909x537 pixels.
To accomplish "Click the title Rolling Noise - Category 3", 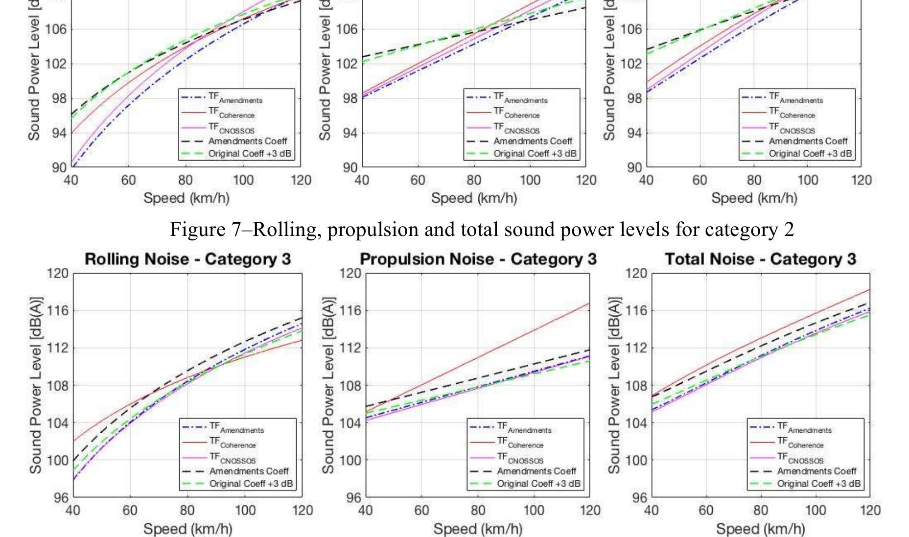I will click(187, 259).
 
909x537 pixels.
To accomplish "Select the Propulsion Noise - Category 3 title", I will click(478, 259).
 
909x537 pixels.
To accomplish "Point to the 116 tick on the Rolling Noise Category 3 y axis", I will click(58, 310).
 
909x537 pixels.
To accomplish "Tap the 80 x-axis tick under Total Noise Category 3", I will click(760, 511).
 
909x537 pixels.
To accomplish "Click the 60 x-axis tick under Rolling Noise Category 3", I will click(130, 511).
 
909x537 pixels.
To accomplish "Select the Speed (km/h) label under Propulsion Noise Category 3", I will click(478, 529).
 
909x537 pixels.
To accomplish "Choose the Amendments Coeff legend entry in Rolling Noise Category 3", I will click(249, 471).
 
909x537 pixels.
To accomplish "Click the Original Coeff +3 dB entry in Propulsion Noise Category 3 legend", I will click(538, 484).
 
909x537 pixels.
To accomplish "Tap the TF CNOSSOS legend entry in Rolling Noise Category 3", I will click(232, 458).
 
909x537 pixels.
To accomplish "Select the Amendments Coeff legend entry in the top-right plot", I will click(808, 141).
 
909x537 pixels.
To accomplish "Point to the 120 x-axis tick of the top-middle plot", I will click(586, 181).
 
